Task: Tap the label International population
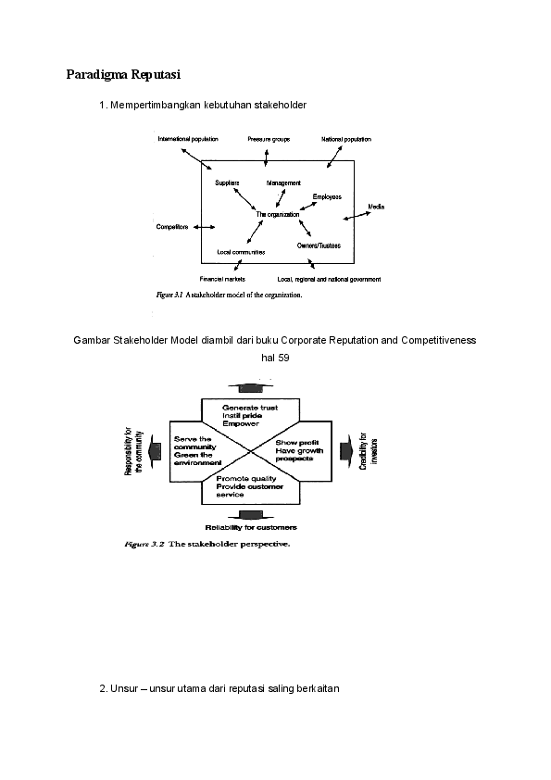tap(188, 139)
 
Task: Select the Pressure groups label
tap(269, 139)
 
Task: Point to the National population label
tap(346, 139)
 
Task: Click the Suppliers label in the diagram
tap(227, 182)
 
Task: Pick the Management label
tap(283, 182)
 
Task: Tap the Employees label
tap(327, 196)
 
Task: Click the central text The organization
tap(278, 214)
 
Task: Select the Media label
tap(376, 206)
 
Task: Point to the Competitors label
tap(171, 226)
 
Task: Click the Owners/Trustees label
tap(319, 245)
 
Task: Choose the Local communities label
tap(241, 252)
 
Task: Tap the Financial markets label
tap(221, 279)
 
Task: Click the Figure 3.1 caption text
tap(229, 296)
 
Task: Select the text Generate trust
tap(250, 408)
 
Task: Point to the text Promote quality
tap(245, 479)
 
